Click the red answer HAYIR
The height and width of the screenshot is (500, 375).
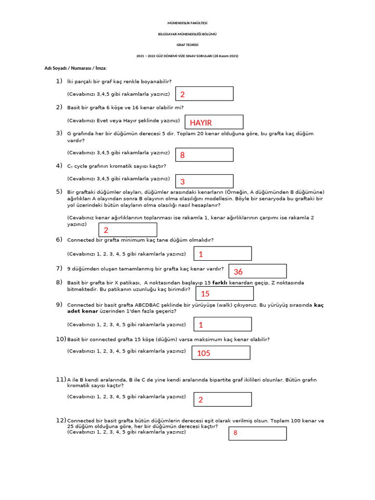[x=201, y=123]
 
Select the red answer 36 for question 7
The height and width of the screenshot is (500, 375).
[x=238, y=271]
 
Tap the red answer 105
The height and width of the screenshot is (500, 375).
[x=204, y=353]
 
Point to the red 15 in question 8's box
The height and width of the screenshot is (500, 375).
[x=205, y=293]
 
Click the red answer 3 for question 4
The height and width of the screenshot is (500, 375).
[x=183, y=182]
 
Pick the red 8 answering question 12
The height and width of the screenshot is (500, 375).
[x=235, y=433]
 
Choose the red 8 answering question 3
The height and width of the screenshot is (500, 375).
[x=183, y=155]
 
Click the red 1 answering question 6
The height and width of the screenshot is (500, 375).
[x=201, y=254]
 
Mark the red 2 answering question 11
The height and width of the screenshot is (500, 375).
[x=201, y=400]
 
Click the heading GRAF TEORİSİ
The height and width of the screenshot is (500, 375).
[x=187, y=45]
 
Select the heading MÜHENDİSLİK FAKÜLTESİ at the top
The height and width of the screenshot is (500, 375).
[x=187, y=23]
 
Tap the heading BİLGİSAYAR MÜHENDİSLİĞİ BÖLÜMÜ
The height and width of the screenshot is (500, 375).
[x=187, y=34]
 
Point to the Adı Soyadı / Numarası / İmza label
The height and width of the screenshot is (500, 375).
[x=76, y=68]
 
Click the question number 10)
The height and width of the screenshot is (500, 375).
[x=61, y=339]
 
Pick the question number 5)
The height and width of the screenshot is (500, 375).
[x=59, y=191]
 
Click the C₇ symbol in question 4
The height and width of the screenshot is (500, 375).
[x=70, y=167]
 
